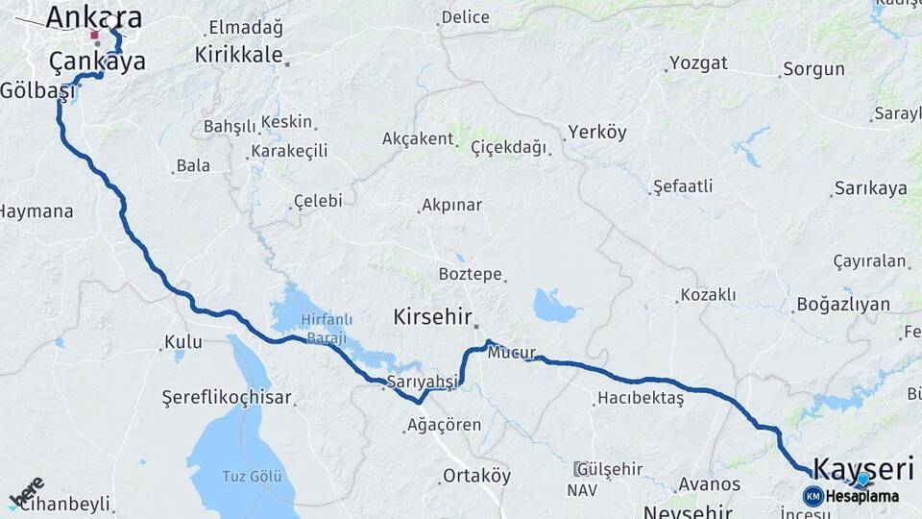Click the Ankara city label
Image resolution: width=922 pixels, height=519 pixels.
click(x=94, y=16)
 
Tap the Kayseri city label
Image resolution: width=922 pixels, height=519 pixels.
click(x=862, y=468)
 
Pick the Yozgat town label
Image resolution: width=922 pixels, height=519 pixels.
click(x=698, y=63)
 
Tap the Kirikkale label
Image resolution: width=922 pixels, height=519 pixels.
click(x=238, y=55)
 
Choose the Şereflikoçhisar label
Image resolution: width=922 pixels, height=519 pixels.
click(x=227, y=398)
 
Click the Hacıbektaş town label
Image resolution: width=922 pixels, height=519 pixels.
click(x=641, y=398)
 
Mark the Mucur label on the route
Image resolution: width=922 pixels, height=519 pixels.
click(x=511, y=353)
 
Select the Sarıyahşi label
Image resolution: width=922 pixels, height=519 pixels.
click(x=424, y=383)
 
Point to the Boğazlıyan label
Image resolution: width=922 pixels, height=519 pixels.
click(x=843, y=305)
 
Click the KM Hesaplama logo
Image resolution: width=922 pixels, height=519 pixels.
click(x=851, y=496)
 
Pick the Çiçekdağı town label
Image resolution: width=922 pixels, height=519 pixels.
click(x=508, y=147)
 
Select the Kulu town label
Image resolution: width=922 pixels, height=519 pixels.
click(x=183, y=341)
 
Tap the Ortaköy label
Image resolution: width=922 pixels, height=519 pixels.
click(x=476, y=476)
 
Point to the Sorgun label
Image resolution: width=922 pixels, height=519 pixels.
click(x=813, y=69)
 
